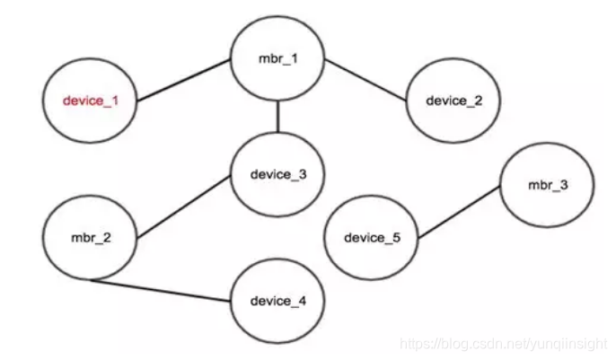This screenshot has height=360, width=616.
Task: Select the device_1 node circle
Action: pos(90,101)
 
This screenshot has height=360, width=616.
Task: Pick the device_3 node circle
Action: pos(277,174)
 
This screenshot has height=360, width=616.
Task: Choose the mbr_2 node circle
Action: pos(92,240)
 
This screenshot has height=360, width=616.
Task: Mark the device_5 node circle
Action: pos(370,239)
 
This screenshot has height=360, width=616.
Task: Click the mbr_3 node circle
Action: pos(548,185)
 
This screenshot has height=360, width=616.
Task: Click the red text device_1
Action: pos(90,101)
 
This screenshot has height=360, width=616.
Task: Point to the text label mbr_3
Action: pos(548,185)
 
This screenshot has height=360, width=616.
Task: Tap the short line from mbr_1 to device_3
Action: pos(277,118)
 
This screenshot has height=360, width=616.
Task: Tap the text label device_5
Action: pos(370,239)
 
